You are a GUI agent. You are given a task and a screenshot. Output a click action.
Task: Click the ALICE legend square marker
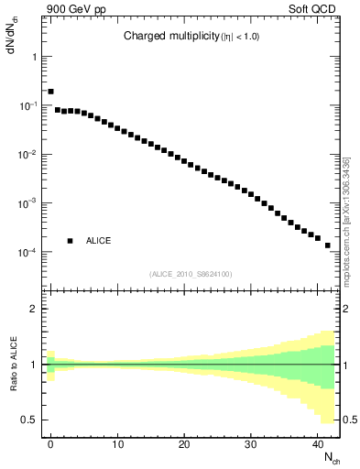coord(70,241)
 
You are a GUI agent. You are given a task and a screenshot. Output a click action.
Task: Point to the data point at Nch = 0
coord(50,92)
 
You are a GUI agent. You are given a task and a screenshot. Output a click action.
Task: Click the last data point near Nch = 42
coord(327,245)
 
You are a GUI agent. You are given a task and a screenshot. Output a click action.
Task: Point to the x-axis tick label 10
coord(117,444)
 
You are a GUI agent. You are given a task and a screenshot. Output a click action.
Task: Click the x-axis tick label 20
coord(183,444)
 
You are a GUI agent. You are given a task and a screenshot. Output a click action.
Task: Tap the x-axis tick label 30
coord(250,444)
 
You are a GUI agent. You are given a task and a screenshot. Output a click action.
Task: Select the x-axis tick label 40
coord(316,444)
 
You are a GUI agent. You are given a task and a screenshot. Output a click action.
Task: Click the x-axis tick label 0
coord(50,444)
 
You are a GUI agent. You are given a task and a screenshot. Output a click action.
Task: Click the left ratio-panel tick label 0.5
coord(31,420)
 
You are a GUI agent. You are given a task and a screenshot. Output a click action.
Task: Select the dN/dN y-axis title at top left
coord(12,37)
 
